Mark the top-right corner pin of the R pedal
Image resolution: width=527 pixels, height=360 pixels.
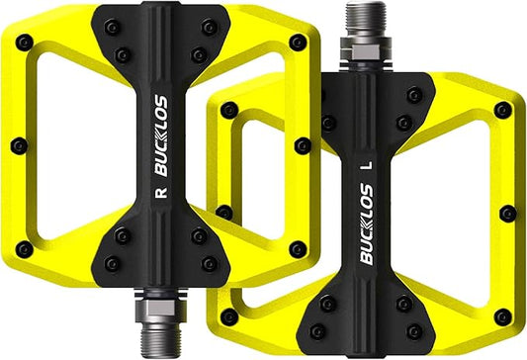[x=298, y=43]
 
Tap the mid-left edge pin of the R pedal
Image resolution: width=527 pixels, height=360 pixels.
[x=17, y=145]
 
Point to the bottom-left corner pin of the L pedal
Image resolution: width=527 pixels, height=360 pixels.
[x=227, y=316]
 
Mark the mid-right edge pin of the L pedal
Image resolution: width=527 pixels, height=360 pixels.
[x=508, y=213]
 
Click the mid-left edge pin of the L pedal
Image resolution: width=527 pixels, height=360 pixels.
[x=224, y=212]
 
